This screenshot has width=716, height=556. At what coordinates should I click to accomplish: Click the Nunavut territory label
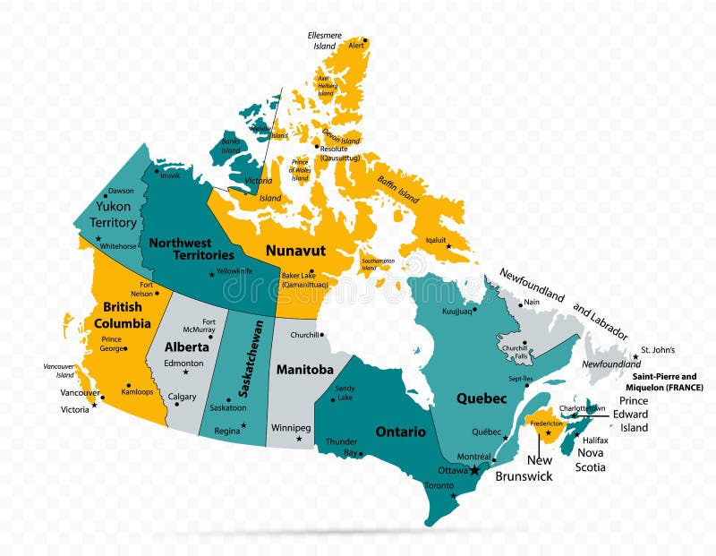pos(294,251)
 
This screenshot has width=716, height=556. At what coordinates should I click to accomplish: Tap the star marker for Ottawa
pos(474,470)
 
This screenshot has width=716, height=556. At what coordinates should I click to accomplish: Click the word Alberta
pos(187,346)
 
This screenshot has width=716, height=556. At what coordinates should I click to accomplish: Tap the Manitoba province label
pos(304,369)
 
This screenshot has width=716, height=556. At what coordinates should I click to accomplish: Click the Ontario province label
pos(400,432)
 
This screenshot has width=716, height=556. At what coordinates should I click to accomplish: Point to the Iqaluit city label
pos(436,240)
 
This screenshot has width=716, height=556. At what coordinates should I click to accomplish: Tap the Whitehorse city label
pos(119,245)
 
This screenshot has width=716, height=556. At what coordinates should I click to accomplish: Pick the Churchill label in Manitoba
pos(305,336)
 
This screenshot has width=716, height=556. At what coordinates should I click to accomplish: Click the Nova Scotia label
pos(591,460)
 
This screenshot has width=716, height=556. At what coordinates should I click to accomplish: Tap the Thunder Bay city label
pos(341,447)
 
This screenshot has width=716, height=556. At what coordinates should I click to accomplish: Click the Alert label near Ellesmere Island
pos(356,45)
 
